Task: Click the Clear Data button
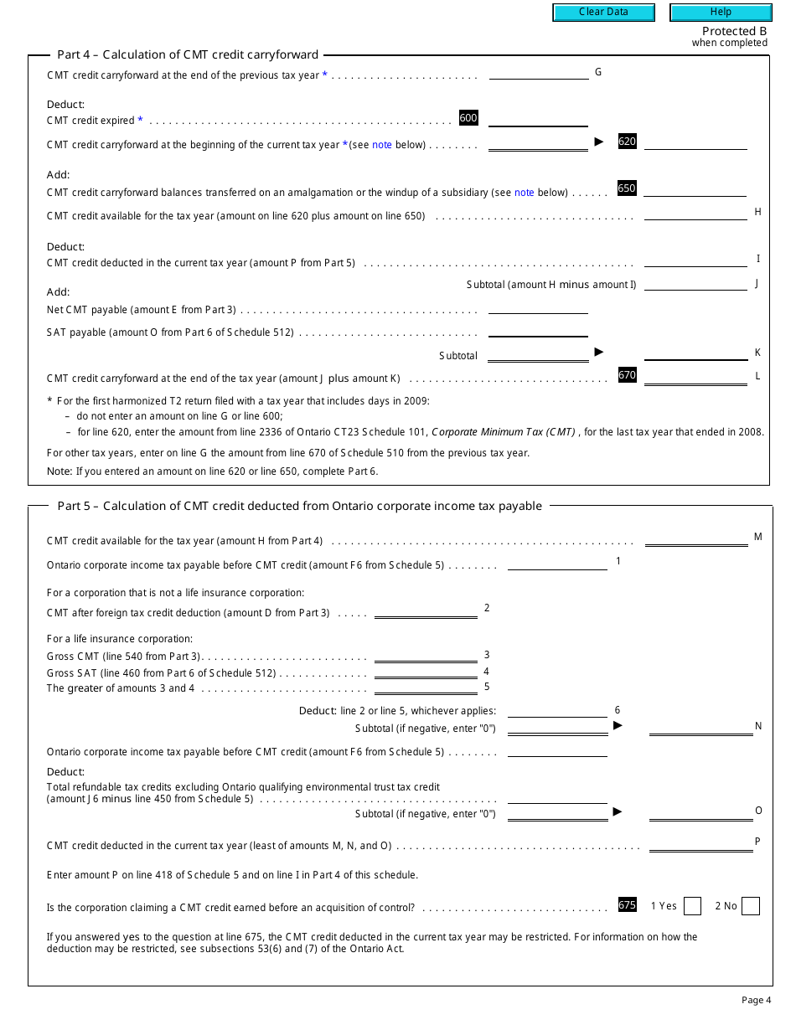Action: [x=603, y=13]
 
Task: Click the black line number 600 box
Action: [x=468, y=118]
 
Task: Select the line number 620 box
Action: [x=627, y=142]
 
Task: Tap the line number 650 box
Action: [x=627, y=188]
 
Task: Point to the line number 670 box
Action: [x=627, y=375]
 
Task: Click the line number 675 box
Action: [x=627, y=904]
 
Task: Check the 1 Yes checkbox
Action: [x=692, y=906]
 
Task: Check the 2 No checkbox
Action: [x=751, y=906]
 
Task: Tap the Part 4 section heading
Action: [x=188, y=54]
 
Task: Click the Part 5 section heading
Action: [x=299, y=506]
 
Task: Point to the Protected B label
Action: [x=734, y=31]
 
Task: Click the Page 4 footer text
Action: [x=756, y=1000]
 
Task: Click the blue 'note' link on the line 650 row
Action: [x=524, y=193]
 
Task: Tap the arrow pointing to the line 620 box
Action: [x=598, y=142]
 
